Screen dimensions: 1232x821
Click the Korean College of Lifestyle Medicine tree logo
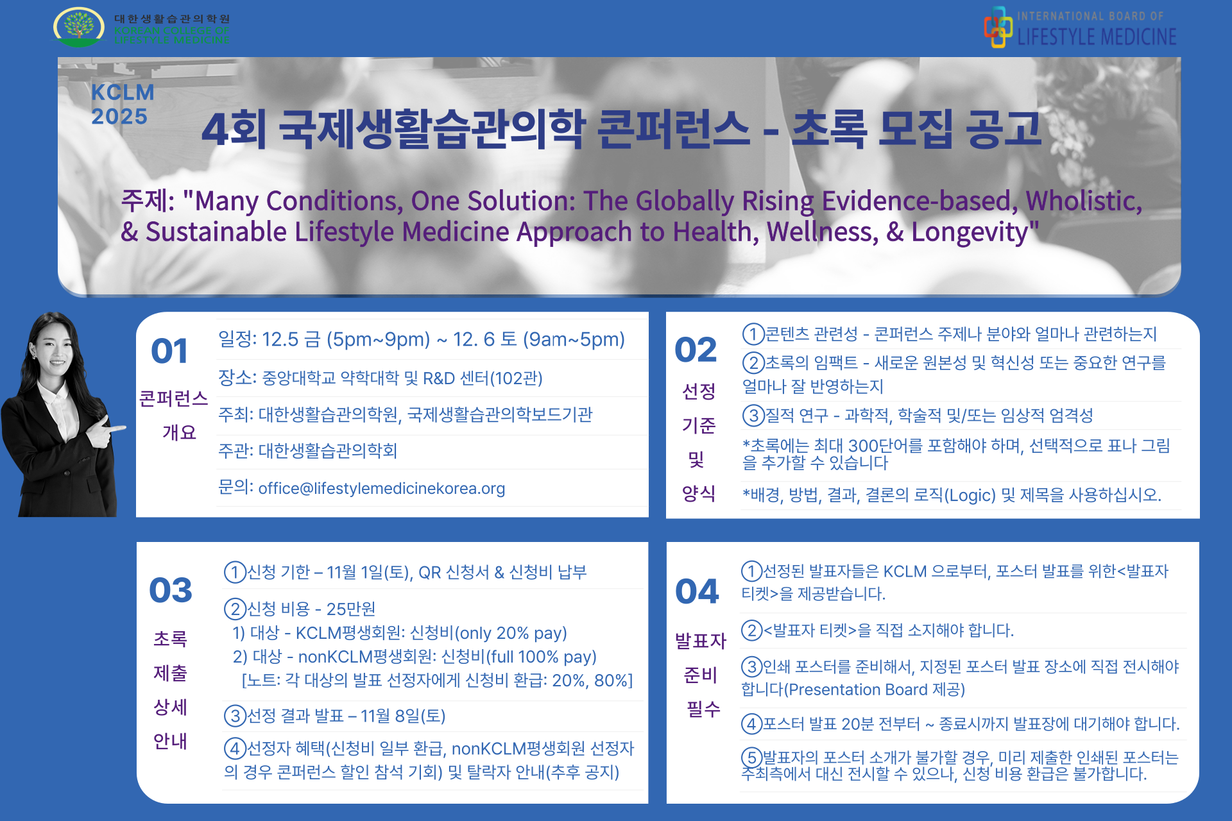(x=79, y=27)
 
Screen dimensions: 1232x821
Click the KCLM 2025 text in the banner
(x=123, y=105)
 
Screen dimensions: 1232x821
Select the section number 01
(x=169, y=351)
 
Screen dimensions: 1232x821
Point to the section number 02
(x=696, y=350)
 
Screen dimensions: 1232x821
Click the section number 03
(x=171, y=590)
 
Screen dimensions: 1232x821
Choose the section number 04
(x=697, y=591)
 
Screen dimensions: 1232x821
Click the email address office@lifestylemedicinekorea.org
(x=382, y=489)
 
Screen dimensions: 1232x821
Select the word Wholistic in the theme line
(x=1084, y=201)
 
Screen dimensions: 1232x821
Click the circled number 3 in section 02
(x=753, y=415)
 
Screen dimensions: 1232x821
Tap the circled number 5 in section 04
(x=752, y=758)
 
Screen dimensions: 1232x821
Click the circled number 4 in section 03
(x=235, y=748)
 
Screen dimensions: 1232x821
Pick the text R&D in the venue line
(x=440, y=378)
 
